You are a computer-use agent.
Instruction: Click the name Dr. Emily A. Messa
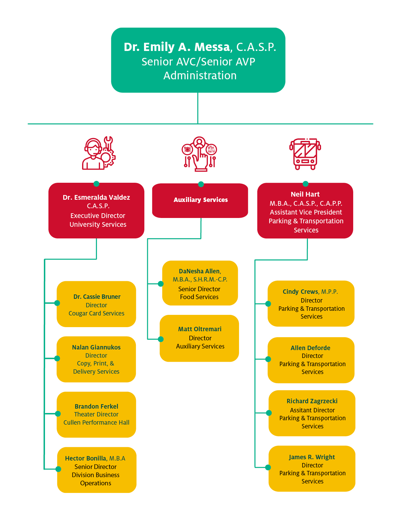click(177, 47)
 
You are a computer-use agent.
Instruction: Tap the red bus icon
click(305, 154)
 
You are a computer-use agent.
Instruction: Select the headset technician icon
click(98, 153)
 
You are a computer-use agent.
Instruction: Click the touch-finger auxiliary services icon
click(199, 154)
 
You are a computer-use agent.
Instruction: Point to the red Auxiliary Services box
click(200, 200)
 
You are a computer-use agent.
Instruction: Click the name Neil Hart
click(305, 194)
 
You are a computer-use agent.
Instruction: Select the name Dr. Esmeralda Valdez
click(96, 198)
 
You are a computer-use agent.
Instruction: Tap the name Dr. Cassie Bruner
click(97, 297)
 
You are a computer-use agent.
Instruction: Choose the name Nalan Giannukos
click(96, 347)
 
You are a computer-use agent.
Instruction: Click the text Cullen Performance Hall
click(96, 422)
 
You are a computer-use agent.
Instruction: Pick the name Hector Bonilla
click(86, 458)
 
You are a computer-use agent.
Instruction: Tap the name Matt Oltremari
click(200, 329)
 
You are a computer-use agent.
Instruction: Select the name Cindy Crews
click(300, 292)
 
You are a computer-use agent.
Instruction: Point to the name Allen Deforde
click(310, 348)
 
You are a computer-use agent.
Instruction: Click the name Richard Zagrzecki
click(312, 401)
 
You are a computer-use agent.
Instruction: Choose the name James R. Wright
click(312, 457)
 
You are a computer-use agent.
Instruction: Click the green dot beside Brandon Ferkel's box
click(58, 414)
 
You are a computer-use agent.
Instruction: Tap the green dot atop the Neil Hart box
click(305, 184)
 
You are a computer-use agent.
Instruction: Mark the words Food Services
click(199, 297)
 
